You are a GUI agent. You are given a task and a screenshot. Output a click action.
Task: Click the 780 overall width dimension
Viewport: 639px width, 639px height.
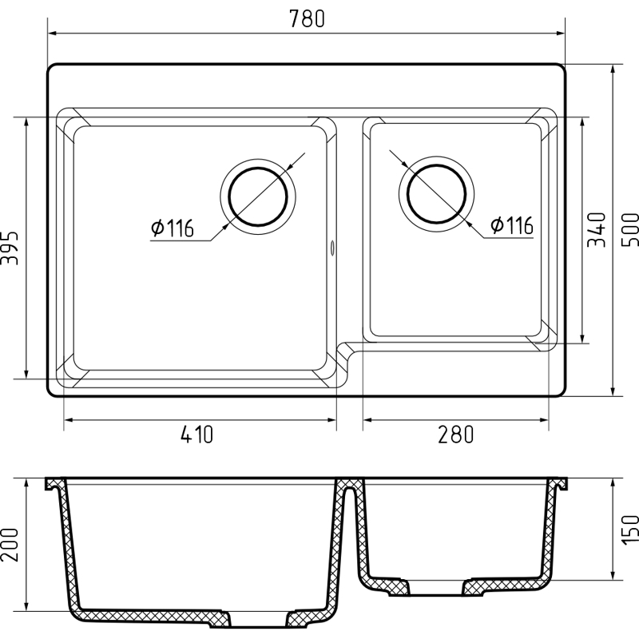coord(307,18)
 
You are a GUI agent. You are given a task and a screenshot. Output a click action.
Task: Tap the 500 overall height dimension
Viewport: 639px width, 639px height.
coord(629,229)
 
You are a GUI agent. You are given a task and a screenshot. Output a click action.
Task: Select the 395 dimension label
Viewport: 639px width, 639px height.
coord(10,248)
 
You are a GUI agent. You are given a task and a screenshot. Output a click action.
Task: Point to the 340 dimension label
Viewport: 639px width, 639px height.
coord(596,229)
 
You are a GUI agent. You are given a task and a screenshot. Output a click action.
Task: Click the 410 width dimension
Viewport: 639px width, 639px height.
coord(196,435)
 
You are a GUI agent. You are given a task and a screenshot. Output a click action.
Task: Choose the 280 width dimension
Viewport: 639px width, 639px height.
coord(455,435)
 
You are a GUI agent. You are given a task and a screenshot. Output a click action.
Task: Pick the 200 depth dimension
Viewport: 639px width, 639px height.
coord(10,545)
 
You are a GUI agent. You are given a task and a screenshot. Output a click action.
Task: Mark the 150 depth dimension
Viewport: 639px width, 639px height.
coord(629,529)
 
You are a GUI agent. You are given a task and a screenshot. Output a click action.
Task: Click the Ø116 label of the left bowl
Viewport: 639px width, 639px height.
coord(172,228)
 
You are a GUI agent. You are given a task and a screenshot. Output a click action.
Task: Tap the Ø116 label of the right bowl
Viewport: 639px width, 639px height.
coord(512,225)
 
